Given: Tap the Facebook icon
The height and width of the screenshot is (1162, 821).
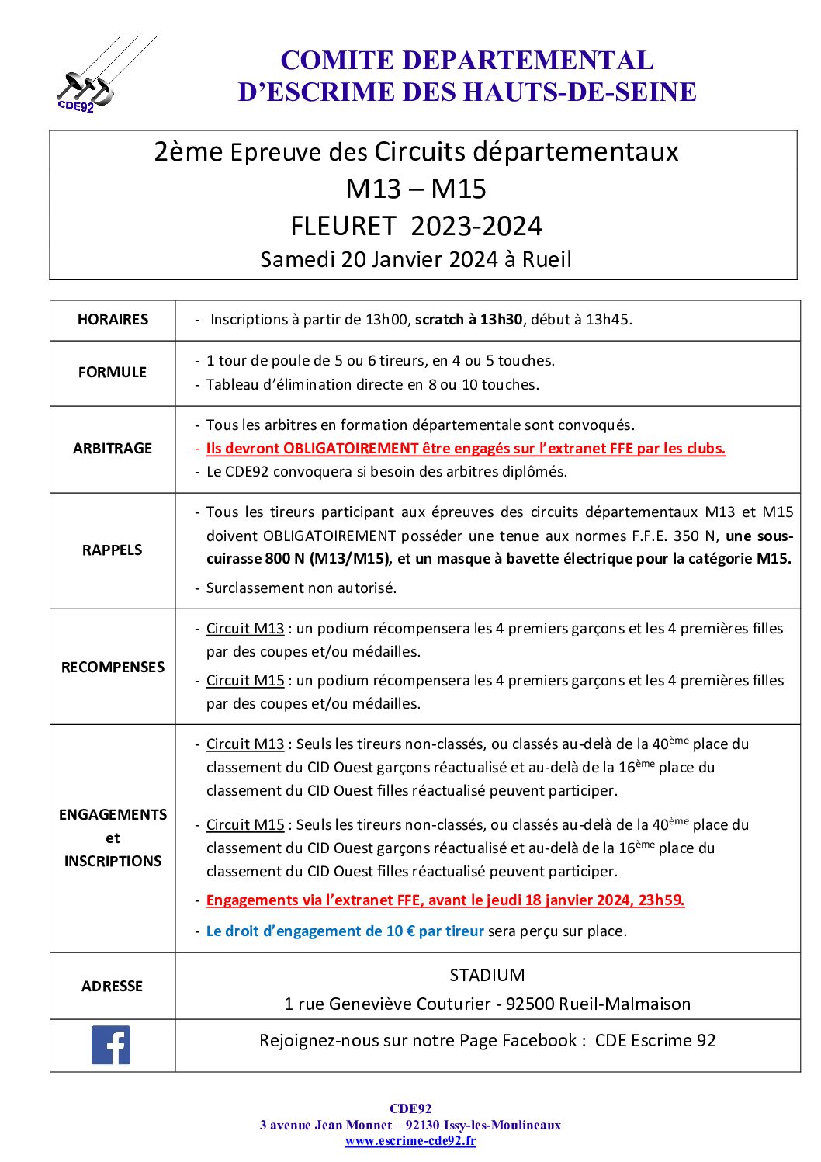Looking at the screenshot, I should [111, 1045].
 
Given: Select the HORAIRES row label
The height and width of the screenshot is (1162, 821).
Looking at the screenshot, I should [113, 320].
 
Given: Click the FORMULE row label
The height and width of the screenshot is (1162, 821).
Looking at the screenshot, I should [113, 373].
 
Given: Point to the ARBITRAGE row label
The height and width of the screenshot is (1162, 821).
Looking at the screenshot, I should [113, 449].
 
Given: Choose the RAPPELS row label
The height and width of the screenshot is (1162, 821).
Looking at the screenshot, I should [113, 550].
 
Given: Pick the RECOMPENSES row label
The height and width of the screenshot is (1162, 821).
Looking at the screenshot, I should [113, 668].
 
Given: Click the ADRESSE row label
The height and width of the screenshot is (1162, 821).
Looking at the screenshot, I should [113, 987].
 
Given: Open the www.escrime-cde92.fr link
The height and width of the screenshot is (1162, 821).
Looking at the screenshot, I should [410, 1141].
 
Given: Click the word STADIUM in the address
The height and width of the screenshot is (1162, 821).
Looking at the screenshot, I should [487, 976].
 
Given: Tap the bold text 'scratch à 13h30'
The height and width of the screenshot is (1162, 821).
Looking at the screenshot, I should [469, 320].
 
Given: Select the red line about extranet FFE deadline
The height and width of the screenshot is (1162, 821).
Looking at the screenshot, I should [445, 900].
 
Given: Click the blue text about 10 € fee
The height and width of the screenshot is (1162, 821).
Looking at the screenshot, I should [345, 931].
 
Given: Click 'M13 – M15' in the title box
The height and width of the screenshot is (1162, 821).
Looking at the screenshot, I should [416, 189].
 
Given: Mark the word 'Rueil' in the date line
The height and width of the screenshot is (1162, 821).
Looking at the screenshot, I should [546, 259].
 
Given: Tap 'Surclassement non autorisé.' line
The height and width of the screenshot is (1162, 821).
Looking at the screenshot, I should [301, 588].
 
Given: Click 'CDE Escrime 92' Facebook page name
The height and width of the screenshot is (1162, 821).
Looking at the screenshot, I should [655, 1041].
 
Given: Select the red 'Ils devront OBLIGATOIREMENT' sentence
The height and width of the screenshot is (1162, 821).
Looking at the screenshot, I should [466, 449].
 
